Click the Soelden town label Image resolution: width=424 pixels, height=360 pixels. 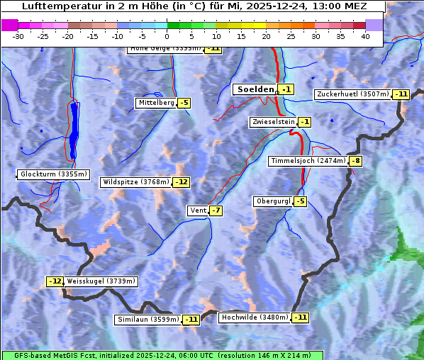(254, 89)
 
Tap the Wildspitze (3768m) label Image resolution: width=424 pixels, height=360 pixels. (136, 182)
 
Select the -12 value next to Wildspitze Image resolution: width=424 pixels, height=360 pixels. (182, 182)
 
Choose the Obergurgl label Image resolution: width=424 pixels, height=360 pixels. (273, 201)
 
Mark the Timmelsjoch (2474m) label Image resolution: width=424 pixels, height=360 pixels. (308, 161)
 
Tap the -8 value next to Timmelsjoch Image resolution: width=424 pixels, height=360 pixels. (356, 161)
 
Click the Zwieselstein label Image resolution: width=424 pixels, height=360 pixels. (273, 122)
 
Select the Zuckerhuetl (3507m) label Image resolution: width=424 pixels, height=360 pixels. (353, 94)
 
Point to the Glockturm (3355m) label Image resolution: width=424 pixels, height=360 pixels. (54, 174)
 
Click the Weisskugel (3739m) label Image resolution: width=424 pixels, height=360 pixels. (101, 281)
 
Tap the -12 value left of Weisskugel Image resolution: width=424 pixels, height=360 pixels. (55, 281)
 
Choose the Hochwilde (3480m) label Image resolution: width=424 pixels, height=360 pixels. (255, 317)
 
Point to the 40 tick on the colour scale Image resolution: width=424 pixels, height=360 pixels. (365, 36)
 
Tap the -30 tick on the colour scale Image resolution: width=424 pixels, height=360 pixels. (18, 36)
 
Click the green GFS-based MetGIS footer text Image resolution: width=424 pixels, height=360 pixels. (162, 355)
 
